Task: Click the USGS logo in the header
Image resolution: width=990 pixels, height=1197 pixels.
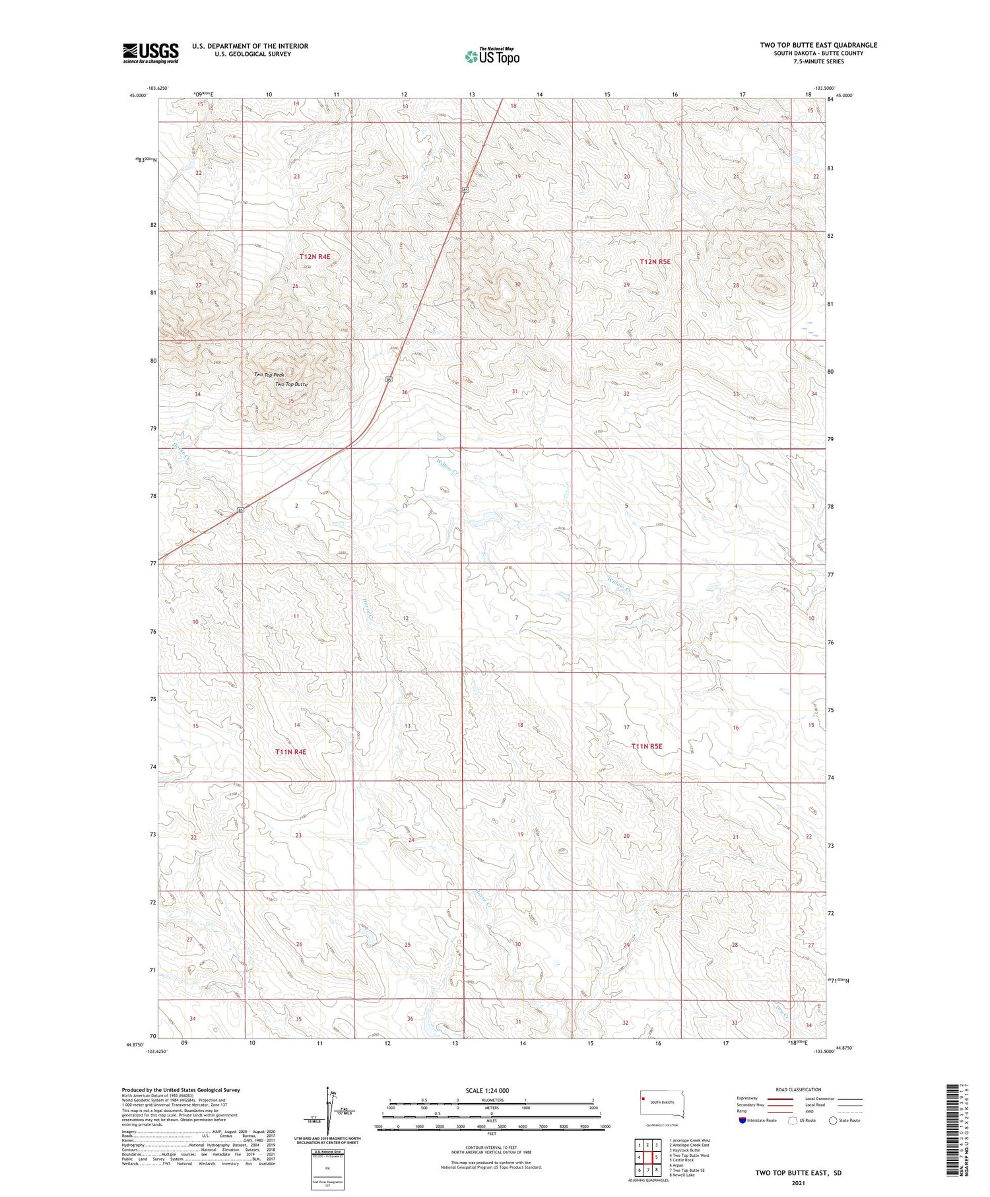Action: (x=150, y=53)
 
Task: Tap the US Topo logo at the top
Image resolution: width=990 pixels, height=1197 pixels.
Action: (x=492, y=56)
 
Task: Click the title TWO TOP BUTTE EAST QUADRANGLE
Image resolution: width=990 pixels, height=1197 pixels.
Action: (x=818, y=45)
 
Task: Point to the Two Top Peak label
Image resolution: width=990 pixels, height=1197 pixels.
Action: (x=269, y=374)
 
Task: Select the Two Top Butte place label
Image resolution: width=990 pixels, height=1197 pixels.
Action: (x=291, y=384)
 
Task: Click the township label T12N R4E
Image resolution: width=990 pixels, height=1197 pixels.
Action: (x=314, y=256)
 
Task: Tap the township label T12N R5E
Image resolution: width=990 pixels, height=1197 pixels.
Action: (x=655, y=261)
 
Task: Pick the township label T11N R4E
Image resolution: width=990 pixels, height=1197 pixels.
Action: (x=291, y=751)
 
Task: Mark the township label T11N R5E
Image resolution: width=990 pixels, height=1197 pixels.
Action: (x=646, y=746)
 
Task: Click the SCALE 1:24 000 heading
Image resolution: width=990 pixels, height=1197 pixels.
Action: (x=491, y=1090)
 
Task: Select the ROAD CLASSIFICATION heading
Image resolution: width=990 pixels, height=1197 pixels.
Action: (x=799, y=1089)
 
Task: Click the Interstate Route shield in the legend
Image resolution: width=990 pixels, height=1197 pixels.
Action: (x=742, y=1120)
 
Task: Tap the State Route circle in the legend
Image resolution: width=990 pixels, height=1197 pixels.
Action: (x=833, y=1120)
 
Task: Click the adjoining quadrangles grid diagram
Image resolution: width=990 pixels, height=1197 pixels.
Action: (x=648, y=1157)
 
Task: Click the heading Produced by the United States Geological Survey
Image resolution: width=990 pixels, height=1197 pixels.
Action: (x=181, y=1090)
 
